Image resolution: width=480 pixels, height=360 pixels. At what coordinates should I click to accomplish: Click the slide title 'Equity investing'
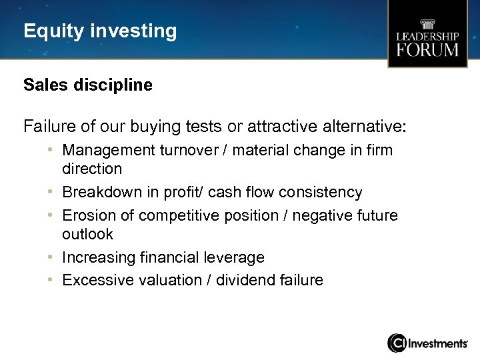[x=100, y=31]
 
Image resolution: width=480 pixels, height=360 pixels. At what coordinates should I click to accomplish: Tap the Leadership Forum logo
[x=427, y=35]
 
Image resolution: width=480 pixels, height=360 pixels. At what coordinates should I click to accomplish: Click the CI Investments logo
[x=427, y=343]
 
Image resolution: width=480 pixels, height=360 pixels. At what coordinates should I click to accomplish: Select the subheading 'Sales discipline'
[x=87, y=85]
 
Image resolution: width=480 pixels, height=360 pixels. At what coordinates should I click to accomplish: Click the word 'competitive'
[x=171, y=216]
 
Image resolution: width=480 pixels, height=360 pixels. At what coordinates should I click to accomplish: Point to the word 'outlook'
[x=87, y=235]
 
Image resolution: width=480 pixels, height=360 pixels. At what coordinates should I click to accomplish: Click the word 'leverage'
[x=237, y=257]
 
